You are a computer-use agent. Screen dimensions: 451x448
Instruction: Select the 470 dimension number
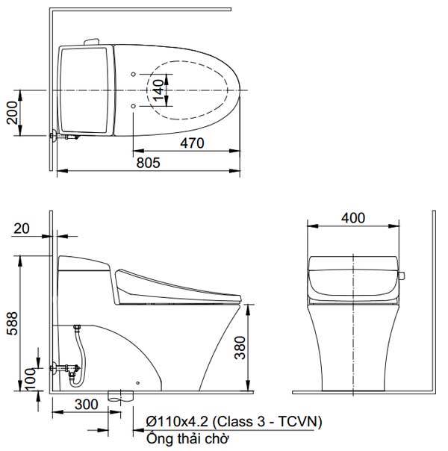tap(191, 145)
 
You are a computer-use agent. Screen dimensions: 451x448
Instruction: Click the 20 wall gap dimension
tap(24, 228)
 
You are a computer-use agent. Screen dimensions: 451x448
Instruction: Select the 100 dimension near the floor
tap(30, 379)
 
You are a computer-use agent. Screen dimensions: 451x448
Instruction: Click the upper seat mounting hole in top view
tap(133, 74)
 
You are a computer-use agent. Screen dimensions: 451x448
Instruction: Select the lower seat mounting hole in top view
tap(133, 108)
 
